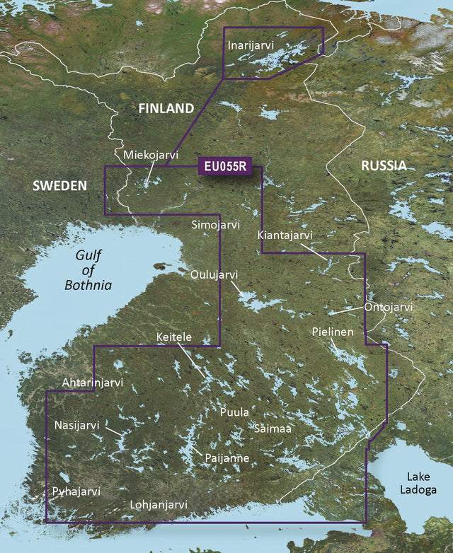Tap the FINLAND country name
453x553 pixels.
click(166, 108)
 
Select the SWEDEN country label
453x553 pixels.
click(59, 185)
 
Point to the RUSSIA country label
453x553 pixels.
click(384, 165)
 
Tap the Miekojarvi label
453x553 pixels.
click(151, 155)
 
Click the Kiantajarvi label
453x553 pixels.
click(285, 235)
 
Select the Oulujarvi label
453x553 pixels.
click(214, 274)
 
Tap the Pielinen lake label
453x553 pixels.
click(333, 331)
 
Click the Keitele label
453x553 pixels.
click(174, 338)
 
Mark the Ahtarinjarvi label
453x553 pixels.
click(93, 383)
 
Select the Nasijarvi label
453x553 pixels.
click(77, 425)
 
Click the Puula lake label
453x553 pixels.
click(234, 412)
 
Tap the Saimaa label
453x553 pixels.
click(273, 428)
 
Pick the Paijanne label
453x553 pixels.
click(226, 458)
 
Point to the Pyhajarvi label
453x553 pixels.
click(76, 491)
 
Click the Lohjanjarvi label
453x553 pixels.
click(159, 505)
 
